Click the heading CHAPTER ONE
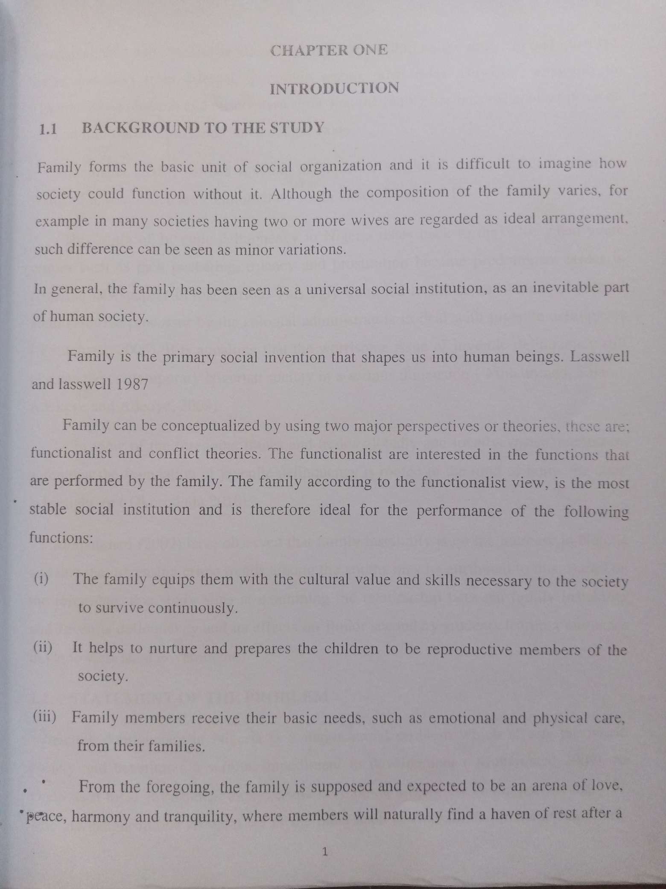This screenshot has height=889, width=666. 329,50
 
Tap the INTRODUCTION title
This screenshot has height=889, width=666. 335,88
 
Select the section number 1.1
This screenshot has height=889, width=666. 48,130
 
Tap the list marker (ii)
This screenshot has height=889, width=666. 43,648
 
